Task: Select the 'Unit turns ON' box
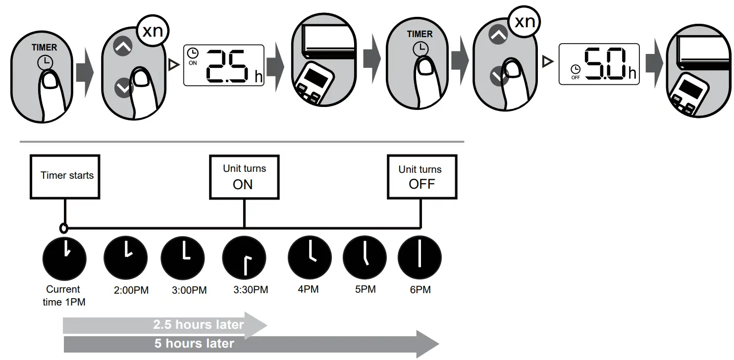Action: [x=244, y=177]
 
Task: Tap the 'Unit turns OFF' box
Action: [x=421, y=177]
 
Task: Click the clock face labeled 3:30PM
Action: [x=244, y=258]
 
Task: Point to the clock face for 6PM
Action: [x=419, y=257]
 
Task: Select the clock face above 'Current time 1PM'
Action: [x=64, y=257]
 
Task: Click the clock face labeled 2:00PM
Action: [x=125, y=257]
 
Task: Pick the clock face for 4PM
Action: [x=310, y=257]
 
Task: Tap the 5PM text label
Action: [x=366, y=289]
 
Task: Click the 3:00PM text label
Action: [x=189, y=290]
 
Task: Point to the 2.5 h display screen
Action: [x=224, y=64]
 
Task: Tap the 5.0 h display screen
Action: [x=599, y=64]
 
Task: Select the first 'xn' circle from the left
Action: [x=153, y=31]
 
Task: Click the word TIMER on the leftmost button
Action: [x=45, y=48]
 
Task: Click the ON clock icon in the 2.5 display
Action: [x=192, y=53]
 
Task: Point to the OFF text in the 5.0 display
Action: [x=575, y=77]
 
